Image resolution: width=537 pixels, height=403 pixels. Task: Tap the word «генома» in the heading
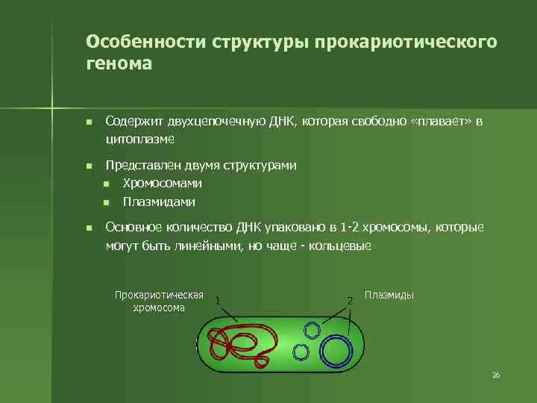click(x=119, y=64)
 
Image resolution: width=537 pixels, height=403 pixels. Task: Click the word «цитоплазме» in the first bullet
click(x=141, y=139)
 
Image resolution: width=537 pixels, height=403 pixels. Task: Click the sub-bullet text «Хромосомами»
click(x=162, y=184)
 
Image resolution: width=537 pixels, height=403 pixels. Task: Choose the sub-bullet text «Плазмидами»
click(x=159, y=201)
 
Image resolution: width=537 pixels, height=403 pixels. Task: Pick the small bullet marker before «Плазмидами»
click(x=107, y=202)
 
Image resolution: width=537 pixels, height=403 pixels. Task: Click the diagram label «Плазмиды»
click(x=389, y=296)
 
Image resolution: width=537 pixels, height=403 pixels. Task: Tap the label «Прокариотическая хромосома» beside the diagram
click(x=159, y=301)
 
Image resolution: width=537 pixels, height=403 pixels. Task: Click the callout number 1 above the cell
click(x=217, y=301)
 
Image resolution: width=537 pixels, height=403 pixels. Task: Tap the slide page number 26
click(x=496, y=375)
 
